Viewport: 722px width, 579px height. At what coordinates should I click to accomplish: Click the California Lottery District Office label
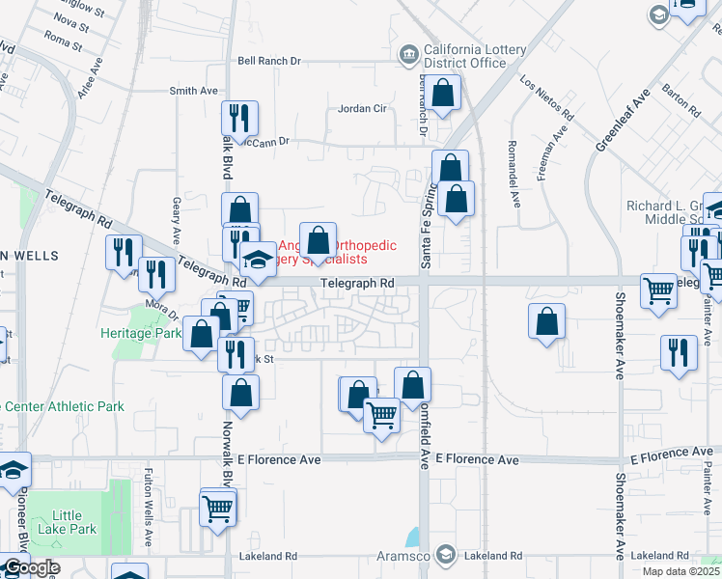tap(465, 57)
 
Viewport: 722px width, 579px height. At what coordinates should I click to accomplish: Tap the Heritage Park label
tap(141, 333)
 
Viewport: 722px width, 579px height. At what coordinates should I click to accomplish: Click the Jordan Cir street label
tap(362, 108)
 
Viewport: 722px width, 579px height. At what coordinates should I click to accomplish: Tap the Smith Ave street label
tap(194, 91)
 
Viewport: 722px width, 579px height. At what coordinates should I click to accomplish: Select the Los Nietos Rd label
tap(547, 97)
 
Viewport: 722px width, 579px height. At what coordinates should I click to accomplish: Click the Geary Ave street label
tap(177, 221)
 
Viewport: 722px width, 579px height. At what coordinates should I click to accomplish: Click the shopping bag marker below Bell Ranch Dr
tap(443, 94)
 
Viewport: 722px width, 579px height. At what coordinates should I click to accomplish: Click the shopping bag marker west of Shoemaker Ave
tap(546, 322)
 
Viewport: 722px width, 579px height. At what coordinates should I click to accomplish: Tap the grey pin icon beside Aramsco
tap(445, 555)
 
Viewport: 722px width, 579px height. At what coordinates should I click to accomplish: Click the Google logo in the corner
tap(31, 567)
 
